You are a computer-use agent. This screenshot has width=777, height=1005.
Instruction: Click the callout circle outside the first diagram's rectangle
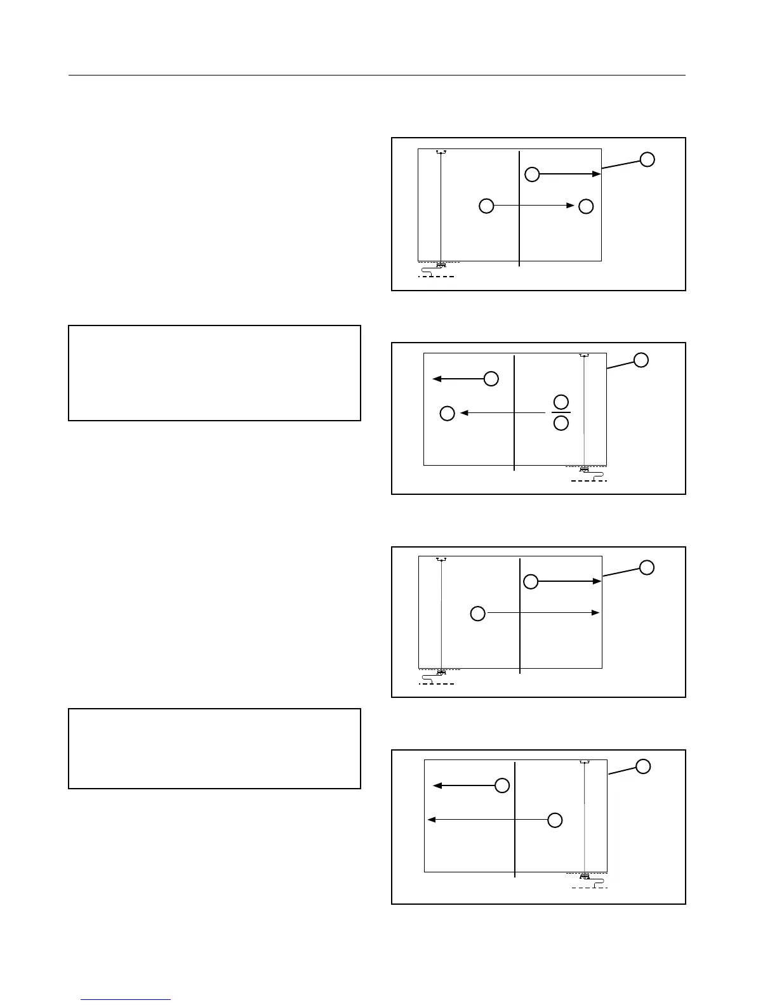tap(647, 159)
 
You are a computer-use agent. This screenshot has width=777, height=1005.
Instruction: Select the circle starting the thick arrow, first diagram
tap(532, 174)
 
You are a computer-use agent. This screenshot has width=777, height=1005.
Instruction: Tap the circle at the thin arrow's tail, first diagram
tap(486, 206)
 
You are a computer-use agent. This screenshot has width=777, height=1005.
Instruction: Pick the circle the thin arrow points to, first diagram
tap(586, 206)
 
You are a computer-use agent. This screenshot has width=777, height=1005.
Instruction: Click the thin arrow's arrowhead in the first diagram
tap(571, 206)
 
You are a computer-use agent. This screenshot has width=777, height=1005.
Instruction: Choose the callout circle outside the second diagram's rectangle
tap(641, 360)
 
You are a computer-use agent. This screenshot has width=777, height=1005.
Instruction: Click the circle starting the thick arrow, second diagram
tap(491, 379)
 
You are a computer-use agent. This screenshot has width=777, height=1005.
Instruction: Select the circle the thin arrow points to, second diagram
tap(448, 413)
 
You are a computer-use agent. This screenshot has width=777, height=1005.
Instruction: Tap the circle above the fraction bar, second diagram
tap(561, 402)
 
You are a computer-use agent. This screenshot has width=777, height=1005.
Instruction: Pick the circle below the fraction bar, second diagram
tap(561, 423)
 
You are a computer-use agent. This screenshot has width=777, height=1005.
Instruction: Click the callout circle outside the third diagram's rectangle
tap(647, 567)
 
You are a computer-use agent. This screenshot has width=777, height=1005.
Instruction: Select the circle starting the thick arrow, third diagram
tap(531, 581)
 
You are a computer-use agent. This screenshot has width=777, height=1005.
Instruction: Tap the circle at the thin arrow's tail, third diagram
tap(477, 613)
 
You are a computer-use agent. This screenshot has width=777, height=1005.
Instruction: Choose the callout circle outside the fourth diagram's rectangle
tap(643, 766)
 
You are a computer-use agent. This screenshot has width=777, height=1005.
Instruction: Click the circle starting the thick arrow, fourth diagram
tap(501, 785)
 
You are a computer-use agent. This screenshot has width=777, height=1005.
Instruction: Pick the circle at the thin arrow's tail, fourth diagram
tap(555, 820)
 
